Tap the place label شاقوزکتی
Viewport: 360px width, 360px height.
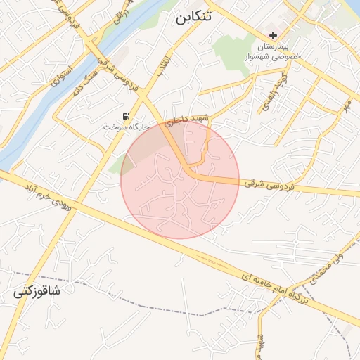pyautogui.click(x=37, y=292)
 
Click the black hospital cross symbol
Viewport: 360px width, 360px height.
pyautogui.click(x=274, y=36)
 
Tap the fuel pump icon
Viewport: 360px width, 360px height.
pyautogui.click(x=126, y=116)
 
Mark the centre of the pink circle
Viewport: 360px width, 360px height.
pyautogui.click(x=180, y=179)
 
